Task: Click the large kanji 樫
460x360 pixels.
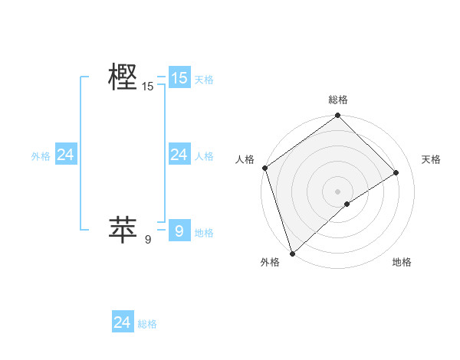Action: coord(123,77)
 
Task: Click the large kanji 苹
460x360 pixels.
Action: coord(123,229)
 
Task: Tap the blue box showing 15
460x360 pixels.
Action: coord(179,77)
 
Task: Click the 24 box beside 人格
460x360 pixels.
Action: coord(179,155)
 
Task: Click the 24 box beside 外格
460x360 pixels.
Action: coord(66,155)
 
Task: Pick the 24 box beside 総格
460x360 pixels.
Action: coord(123,322)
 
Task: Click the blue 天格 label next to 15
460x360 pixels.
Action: coord(204,79)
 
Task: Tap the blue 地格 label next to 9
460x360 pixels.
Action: coord(204,232)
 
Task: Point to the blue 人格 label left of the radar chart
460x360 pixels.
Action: coord(204,156)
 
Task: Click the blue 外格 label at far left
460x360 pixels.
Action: coord(41,156)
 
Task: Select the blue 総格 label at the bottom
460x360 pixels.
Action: coord(147,324)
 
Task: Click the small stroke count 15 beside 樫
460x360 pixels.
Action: coord(147,87)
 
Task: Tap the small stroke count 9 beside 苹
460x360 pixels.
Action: coord(147,240)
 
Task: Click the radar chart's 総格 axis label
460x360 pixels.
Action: coord(337,100)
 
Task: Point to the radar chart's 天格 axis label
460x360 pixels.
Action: coord(431,159)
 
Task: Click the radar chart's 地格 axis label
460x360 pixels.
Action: coord(402,262)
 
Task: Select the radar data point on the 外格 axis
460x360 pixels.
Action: coord(291,253)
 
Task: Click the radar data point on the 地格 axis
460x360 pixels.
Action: coord(347,204)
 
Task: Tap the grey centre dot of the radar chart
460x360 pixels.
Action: coord(337,190)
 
